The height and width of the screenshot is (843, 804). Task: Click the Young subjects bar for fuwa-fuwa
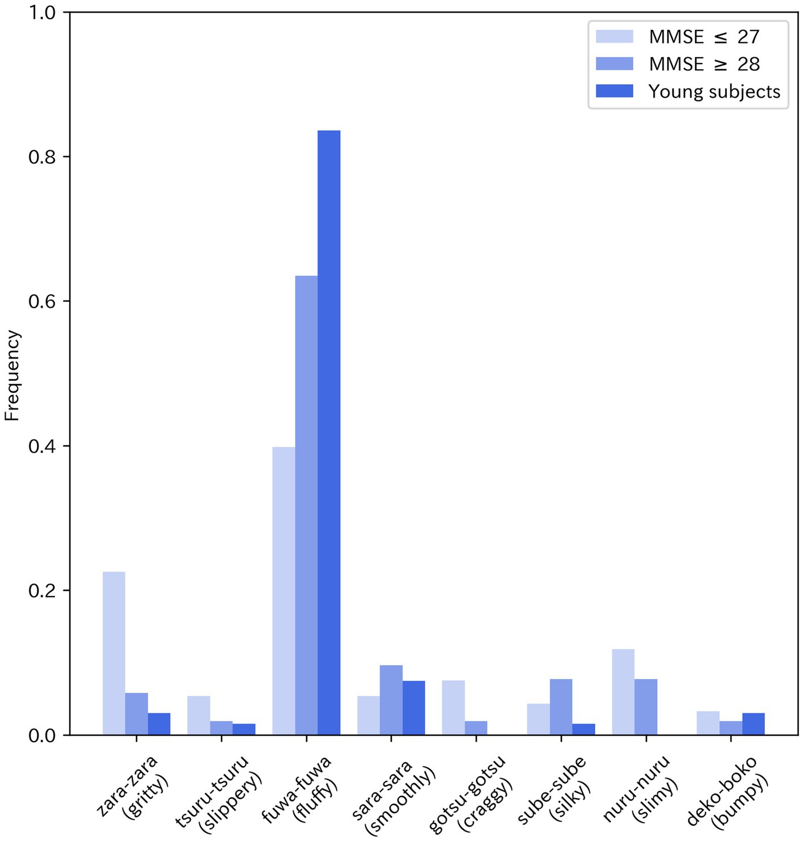pyautogui.click(x=329, y=433)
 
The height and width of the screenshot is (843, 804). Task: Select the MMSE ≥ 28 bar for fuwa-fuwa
pyautogui.click(x=306, y=505)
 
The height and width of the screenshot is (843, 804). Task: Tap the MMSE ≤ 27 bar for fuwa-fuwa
pyautogui.click(x=283, y=591)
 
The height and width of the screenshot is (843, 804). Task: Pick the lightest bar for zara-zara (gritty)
pyautogui.click(x=114, y=653)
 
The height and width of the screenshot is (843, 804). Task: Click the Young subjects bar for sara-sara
pyautogui.click(x=414, y=708)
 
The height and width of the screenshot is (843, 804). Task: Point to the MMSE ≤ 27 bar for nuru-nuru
pyautogui.click(x=623, y=692)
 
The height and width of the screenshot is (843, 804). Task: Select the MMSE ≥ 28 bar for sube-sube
pyautogui.click(x=561, y=707)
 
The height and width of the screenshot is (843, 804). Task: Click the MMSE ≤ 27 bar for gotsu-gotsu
pyautogui.click(x=454, y=708)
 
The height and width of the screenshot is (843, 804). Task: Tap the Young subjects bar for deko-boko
pyautogui.click(x=754, y=724)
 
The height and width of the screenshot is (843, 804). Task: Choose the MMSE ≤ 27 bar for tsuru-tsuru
pyautogui.click(x=199, y=716)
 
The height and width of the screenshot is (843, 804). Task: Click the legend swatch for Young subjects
pyautogui.click(x=615, y=91)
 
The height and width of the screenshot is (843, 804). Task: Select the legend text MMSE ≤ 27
pyautogui.click(x=704, y=37)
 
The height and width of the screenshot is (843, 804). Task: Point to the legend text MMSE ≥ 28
pyautogui.click(x=704, y=64)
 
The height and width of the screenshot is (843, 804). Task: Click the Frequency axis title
pyautogui.click(x=12, y=376)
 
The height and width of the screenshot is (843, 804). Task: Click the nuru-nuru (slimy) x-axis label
pyautogui.click(x=642, y=789)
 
